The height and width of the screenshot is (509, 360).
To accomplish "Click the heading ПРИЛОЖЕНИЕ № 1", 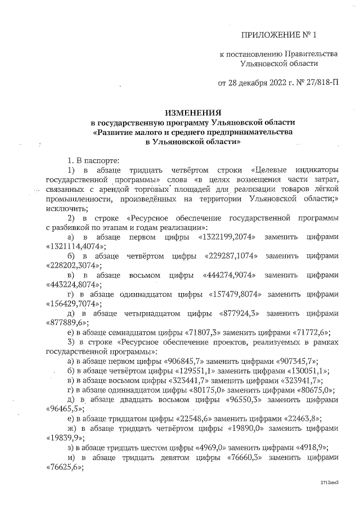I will (x=279, y=36).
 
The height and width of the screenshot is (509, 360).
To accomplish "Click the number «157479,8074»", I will (x=238, y=294).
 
